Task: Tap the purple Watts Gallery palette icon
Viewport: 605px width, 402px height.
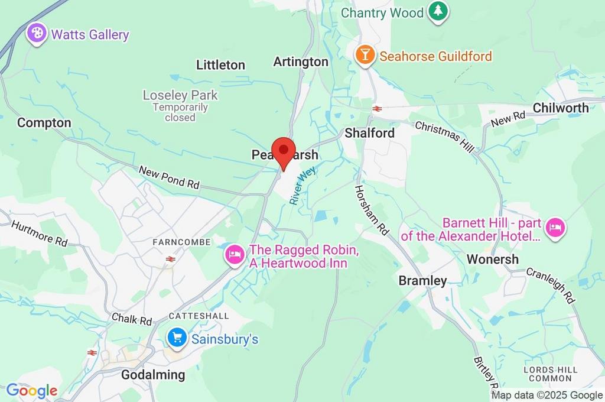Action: (37, 33)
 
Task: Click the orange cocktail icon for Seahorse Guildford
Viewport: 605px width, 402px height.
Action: (365, 56)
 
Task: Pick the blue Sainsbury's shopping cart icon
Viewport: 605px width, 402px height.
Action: (177, 338)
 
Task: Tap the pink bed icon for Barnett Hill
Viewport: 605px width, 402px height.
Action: (555, 228)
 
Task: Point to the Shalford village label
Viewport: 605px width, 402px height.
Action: (369, 133)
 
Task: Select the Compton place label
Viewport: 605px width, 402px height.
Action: (44, 123)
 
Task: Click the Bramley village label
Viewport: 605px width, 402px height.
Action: (422, 281)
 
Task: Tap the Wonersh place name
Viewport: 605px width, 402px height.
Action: (492, 259)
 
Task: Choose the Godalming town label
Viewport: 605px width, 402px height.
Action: (152, 375)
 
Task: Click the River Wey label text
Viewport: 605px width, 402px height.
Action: (302, 186)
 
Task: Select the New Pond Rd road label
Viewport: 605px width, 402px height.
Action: (169, 177)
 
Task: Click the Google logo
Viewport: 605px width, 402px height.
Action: (32, 390)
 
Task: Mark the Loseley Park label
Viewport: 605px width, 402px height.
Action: (180, 95)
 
